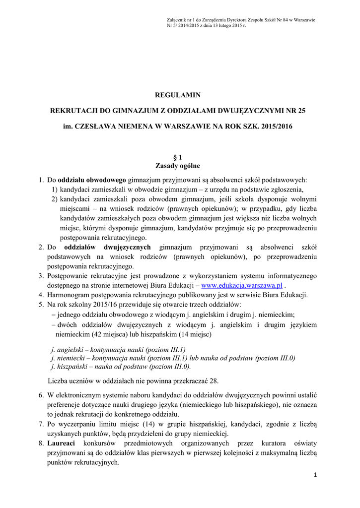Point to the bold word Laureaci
[x=61, y=443]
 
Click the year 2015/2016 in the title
[x=276, y=127]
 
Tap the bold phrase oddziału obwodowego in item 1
[x=92, y=180]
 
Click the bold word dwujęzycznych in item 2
[x=128, y=247]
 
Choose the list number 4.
[x=41, y=295]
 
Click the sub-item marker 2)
[x=54, y=199]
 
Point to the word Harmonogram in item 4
[x=68, y=295]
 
